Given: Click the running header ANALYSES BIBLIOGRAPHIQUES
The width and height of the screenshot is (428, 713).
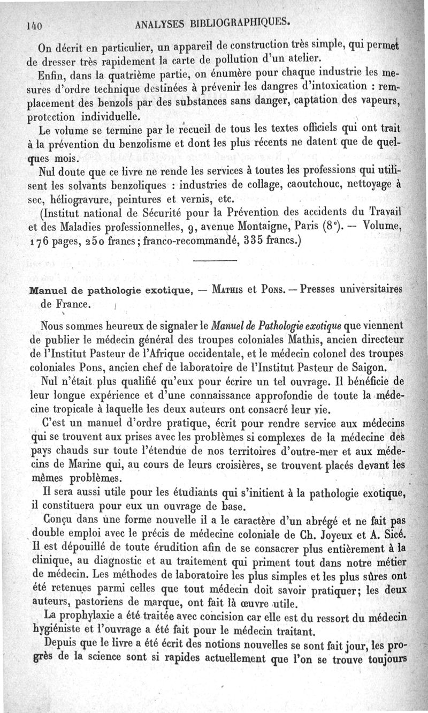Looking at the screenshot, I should pos(213,22).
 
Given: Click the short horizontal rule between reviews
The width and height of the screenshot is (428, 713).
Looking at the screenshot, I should pos(213,261).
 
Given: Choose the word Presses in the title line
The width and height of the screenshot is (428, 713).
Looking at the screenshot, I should pos(321,291).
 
